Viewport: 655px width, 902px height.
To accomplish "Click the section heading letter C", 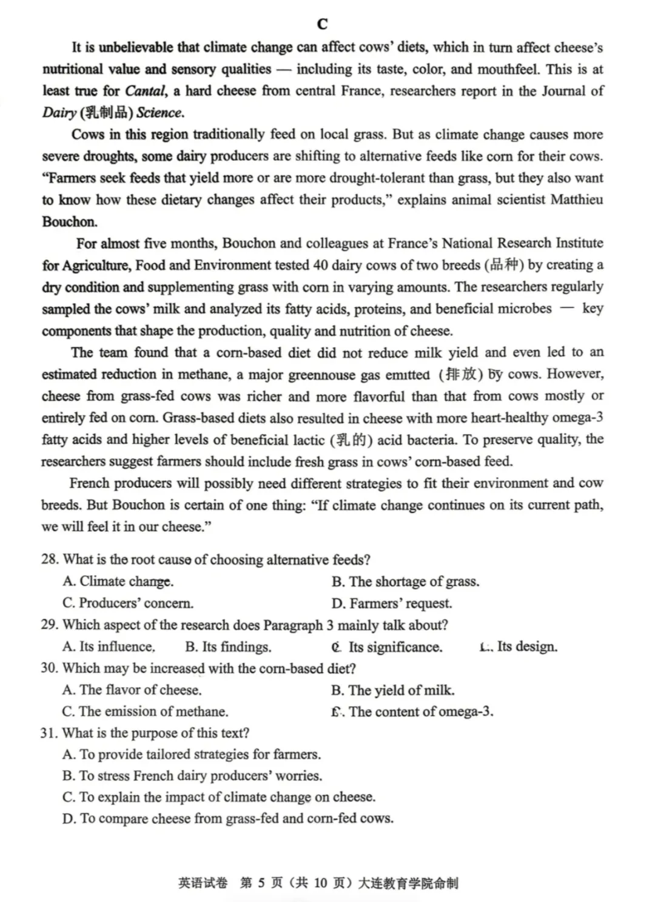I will click(322, 24).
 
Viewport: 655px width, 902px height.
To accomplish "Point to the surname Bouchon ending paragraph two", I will click(70, 221).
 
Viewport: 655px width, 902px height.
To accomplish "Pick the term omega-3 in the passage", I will click(579, 418).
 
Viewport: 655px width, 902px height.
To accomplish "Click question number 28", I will click(50, 559).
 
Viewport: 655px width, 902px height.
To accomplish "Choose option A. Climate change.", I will click(118, 581).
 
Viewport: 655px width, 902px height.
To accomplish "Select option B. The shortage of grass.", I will click(405, 582).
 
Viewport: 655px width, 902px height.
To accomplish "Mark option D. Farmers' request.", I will click(392, 604).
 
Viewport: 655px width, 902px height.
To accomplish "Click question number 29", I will click(50, 625).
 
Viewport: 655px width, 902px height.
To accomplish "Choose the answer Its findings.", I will click(229, 647).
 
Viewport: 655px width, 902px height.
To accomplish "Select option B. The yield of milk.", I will click(393, 690).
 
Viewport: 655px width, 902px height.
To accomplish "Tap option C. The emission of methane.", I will click(146, 712).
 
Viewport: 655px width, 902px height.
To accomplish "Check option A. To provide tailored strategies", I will click(192, 755).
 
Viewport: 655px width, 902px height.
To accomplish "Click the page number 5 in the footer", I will click(261, 883).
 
